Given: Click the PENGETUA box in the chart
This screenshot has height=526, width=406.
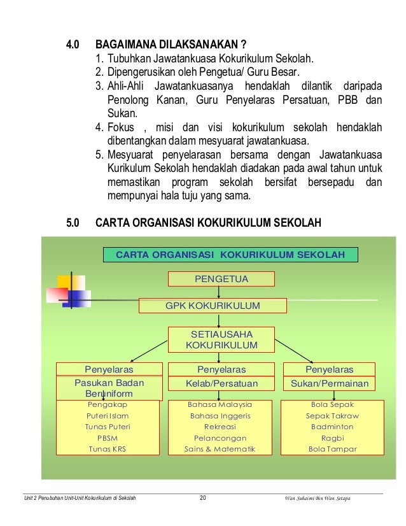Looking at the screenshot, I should (221, 279).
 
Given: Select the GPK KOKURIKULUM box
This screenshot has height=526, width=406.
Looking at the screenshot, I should (213, 306).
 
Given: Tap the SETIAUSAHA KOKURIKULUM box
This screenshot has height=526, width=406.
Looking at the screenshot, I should (221, 339).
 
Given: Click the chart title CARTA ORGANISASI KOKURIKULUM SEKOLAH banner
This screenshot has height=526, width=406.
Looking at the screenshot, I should (230, 255).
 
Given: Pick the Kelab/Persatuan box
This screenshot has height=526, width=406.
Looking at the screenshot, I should (221, 383).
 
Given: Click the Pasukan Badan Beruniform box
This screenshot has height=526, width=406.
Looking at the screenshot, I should (109, 388).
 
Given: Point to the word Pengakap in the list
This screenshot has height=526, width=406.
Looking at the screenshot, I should (107, 404).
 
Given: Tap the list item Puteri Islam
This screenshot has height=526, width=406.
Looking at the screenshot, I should (107, 415).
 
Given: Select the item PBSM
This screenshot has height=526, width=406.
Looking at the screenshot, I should (107, 438).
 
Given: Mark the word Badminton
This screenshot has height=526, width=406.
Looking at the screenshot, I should (332, 427).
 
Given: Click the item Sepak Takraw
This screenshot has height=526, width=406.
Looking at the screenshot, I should (332, 415).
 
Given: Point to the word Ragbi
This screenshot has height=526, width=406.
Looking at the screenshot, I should (332, 438).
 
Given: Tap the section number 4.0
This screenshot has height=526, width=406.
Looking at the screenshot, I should (73, 46).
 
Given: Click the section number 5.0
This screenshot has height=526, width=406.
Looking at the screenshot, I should (73, 224).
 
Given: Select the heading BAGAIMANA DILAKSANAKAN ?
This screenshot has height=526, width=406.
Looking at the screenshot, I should (171, 46).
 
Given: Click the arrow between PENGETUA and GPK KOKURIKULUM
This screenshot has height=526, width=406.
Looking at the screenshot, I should (219, 292).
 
